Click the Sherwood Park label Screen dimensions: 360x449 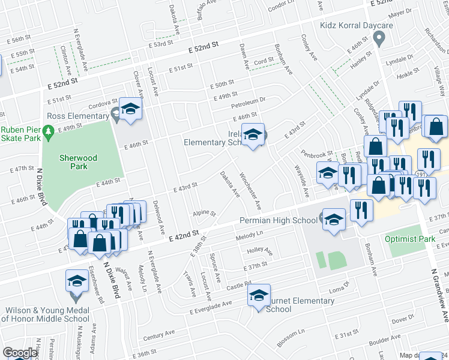coord(77,159)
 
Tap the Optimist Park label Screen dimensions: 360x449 coord(411,239)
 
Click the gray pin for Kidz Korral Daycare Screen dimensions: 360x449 coord(378,39)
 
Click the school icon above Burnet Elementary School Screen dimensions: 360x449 coord(259,295)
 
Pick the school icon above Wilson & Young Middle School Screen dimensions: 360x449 coord(77,281)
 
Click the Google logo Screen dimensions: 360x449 coord(20,353)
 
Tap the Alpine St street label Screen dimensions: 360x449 coord(204,214)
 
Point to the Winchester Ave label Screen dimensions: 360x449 coord(250,191)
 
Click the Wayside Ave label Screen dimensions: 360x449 coord(301,181)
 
